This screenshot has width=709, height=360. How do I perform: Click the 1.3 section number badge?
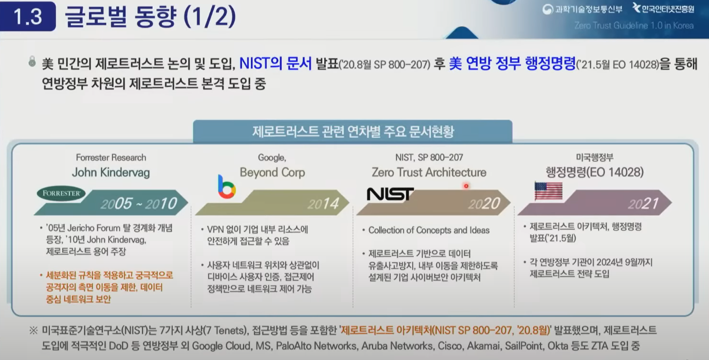(28, 16)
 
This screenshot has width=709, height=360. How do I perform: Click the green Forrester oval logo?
(61, 193)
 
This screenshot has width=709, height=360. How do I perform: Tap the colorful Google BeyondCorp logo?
(227, 187)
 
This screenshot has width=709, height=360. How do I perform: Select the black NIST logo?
(390, 194)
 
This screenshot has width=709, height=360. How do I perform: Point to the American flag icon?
(549, 191)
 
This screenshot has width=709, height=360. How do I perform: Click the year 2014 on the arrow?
(323, 204)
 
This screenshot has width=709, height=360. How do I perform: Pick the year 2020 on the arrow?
(484, 204)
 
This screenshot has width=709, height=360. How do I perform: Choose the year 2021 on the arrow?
(644, 204)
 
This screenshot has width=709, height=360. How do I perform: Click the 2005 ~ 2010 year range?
(139, 203)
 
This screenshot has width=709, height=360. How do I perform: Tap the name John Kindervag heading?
(111, 173)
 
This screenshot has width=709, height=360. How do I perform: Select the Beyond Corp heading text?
(272, 173)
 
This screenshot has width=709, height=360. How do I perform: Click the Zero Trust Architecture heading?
(429, 173)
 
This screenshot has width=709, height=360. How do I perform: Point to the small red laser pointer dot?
(466, 186)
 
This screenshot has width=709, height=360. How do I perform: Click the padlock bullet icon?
(32, 61)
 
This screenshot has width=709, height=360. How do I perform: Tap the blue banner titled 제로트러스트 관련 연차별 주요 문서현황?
(353, 131)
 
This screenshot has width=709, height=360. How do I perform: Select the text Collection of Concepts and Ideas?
(429, 230)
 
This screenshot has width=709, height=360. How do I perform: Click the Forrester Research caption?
(111, 157)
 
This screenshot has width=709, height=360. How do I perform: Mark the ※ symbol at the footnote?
(33, 330)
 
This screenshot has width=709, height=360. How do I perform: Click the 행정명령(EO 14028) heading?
(594, 172)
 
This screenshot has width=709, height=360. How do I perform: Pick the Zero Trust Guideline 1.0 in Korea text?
(634, 25)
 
